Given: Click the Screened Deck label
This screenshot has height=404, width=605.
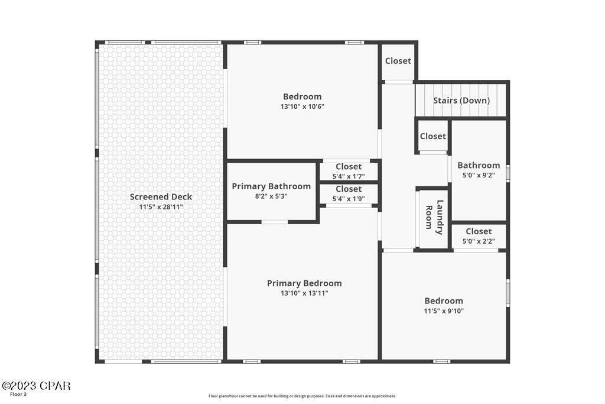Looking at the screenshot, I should [x=161, y=197].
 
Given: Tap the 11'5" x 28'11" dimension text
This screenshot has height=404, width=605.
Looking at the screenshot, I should [x=161, y=207].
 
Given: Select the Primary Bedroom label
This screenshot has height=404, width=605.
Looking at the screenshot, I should [x=304, y=283].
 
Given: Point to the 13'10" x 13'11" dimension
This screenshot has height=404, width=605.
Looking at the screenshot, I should [x=304, y=293].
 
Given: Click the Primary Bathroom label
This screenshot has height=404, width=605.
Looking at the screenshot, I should [x=271, y=186].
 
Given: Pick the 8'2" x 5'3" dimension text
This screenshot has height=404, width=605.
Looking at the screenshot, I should [x=271, y=196].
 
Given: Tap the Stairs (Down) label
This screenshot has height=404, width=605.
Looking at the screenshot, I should [x=461, y=101].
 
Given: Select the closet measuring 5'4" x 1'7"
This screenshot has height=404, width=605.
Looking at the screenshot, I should [x=349, y=171].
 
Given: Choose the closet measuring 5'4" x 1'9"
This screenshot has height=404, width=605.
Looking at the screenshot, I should [x=349, y=194].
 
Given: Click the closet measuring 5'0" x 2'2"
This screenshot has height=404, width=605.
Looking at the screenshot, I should [x=479, y=236].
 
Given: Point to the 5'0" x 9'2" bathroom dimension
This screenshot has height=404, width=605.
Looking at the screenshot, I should [x=479, y=175].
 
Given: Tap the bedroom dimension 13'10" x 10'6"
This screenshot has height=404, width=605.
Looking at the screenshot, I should [x=302, y=106].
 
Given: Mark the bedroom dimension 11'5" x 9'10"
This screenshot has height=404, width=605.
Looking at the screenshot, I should [x=444, y=311].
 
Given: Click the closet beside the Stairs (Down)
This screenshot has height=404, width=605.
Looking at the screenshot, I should [x=398, y=61].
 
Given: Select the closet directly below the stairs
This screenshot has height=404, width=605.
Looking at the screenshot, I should [x=433, y=136].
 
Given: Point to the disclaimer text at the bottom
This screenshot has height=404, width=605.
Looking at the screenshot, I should [x=302, y=396].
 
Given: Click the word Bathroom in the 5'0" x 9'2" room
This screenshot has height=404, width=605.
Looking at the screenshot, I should [x=479, y=165].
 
